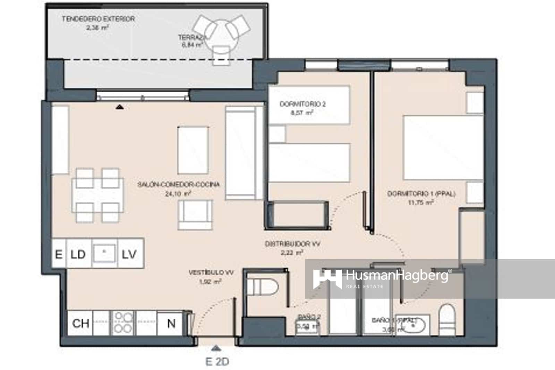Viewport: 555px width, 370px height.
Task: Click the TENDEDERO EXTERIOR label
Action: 98,19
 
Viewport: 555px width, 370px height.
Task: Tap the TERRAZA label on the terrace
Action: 192,37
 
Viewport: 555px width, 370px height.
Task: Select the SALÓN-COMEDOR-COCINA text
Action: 178,184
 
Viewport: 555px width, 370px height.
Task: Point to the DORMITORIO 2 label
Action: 302,104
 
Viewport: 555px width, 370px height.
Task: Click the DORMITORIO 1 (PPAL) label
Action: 421,194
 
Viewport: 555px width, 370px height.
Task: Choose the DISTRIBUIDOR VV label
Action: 292,244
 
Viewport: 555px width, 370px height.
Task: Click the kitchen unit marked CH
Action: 80,323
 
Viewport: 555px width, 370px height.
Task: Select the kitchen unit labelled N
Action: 171,323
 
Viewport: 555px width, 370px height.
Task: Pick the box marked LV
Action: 129,254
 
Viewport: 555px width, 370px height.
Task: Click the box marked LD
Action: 78,254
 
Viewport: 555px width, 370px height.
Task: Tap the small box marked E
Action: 59,254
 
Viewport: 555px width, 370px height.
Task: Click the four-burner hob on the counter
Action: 123,323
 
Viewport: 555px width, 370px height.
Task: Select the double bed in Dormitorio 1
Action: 443,148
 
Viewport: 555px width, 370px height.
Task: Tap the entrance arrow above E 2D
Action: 216,347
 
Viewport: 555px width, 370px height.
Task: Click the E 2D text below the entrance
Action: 217,362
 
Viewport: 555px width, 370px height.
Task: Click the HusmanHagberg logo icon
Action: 327,279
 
